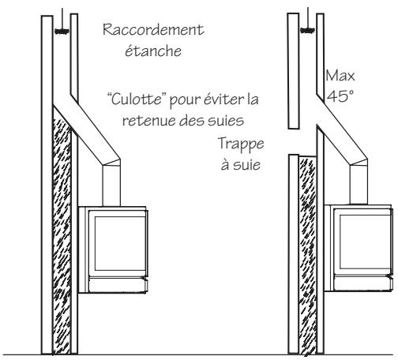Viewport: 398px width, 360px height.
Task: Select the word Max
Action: [336, 77]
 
